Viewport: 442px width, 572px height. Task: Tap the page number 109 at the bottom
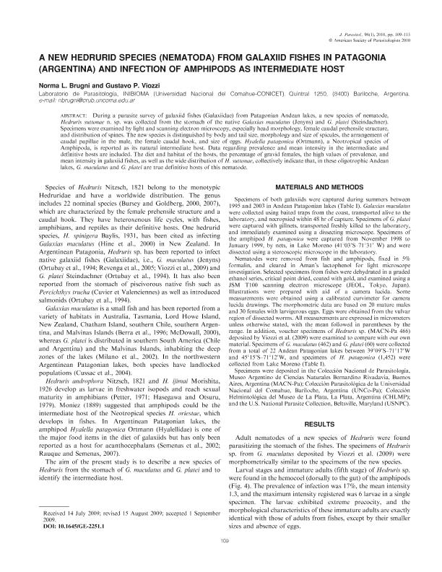[220, 561]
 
